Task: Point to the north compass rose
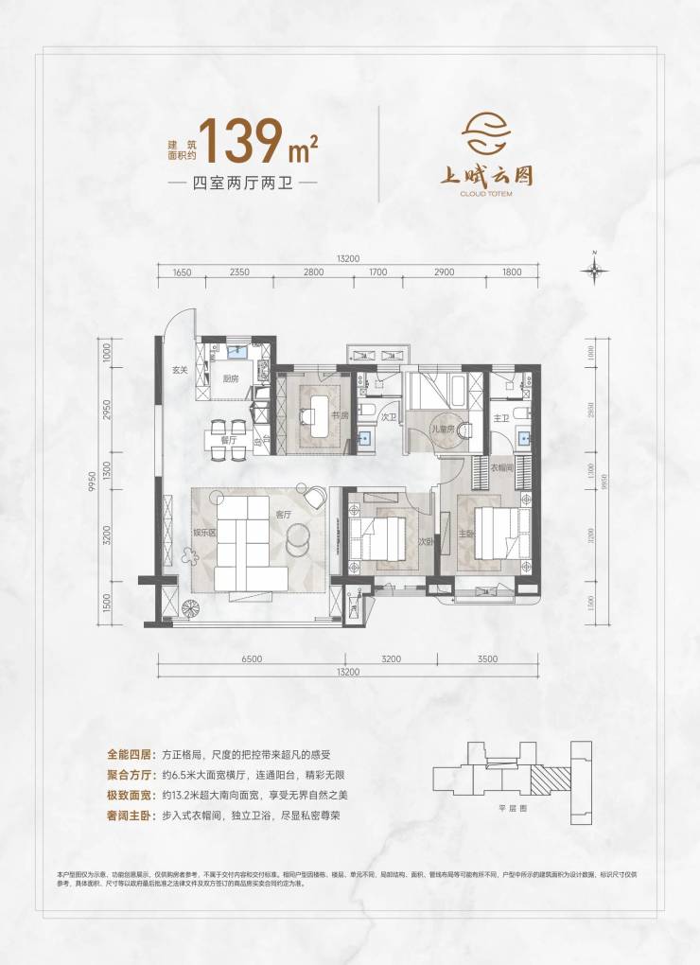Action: click(594, 271)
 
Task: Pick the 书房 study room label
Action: click(341, 414)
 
